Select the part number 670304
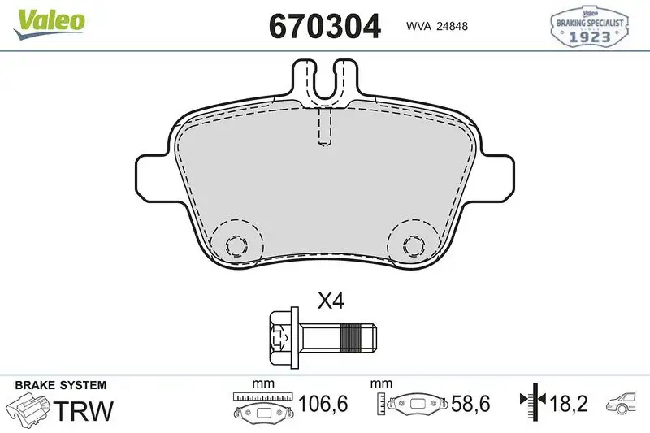pyautogui.click(x=324, y=27)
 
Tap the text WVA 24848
pyautogui.click(x=436, y=27)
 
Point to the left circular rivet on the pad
pyautogui.click(x=236, y=244)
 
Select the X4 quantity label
pyautogui.click(x=331, y=302)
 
